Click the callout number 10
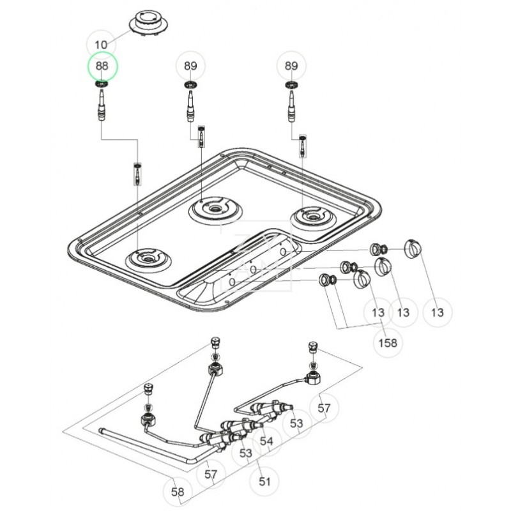[x=102, y=45]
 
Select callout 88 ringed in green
[x=102, y=66]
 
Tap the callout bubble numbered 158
[x=388, y=343]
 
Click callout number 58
[x=178, y=492]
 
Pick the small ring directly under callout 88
[x=102, y=84]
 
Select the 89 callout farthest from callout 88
[x=291, y=66]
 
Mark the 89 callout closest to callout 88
[x=190, y=66]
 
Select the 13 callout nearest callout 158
[x=378, y=312]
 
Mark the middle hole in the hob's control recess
[x=254, y=269]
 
